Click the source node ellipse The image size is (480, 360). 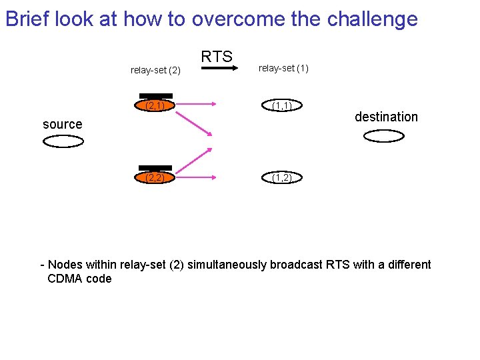63,141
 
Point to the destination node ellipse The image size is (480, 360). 384,136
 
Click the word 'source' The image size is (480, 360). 63,124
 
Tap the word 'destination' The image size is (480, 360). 386,117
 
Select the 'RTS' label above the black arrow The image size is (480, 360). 217,57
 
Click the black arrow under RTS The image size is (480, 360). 216,69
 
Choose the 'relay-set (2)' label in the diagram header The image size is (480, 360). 155,69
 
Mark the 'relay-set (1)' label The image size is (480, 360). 283,68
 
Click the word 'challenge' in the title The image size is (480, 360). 373,19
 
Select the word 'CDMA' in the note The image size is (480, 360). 65,279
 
